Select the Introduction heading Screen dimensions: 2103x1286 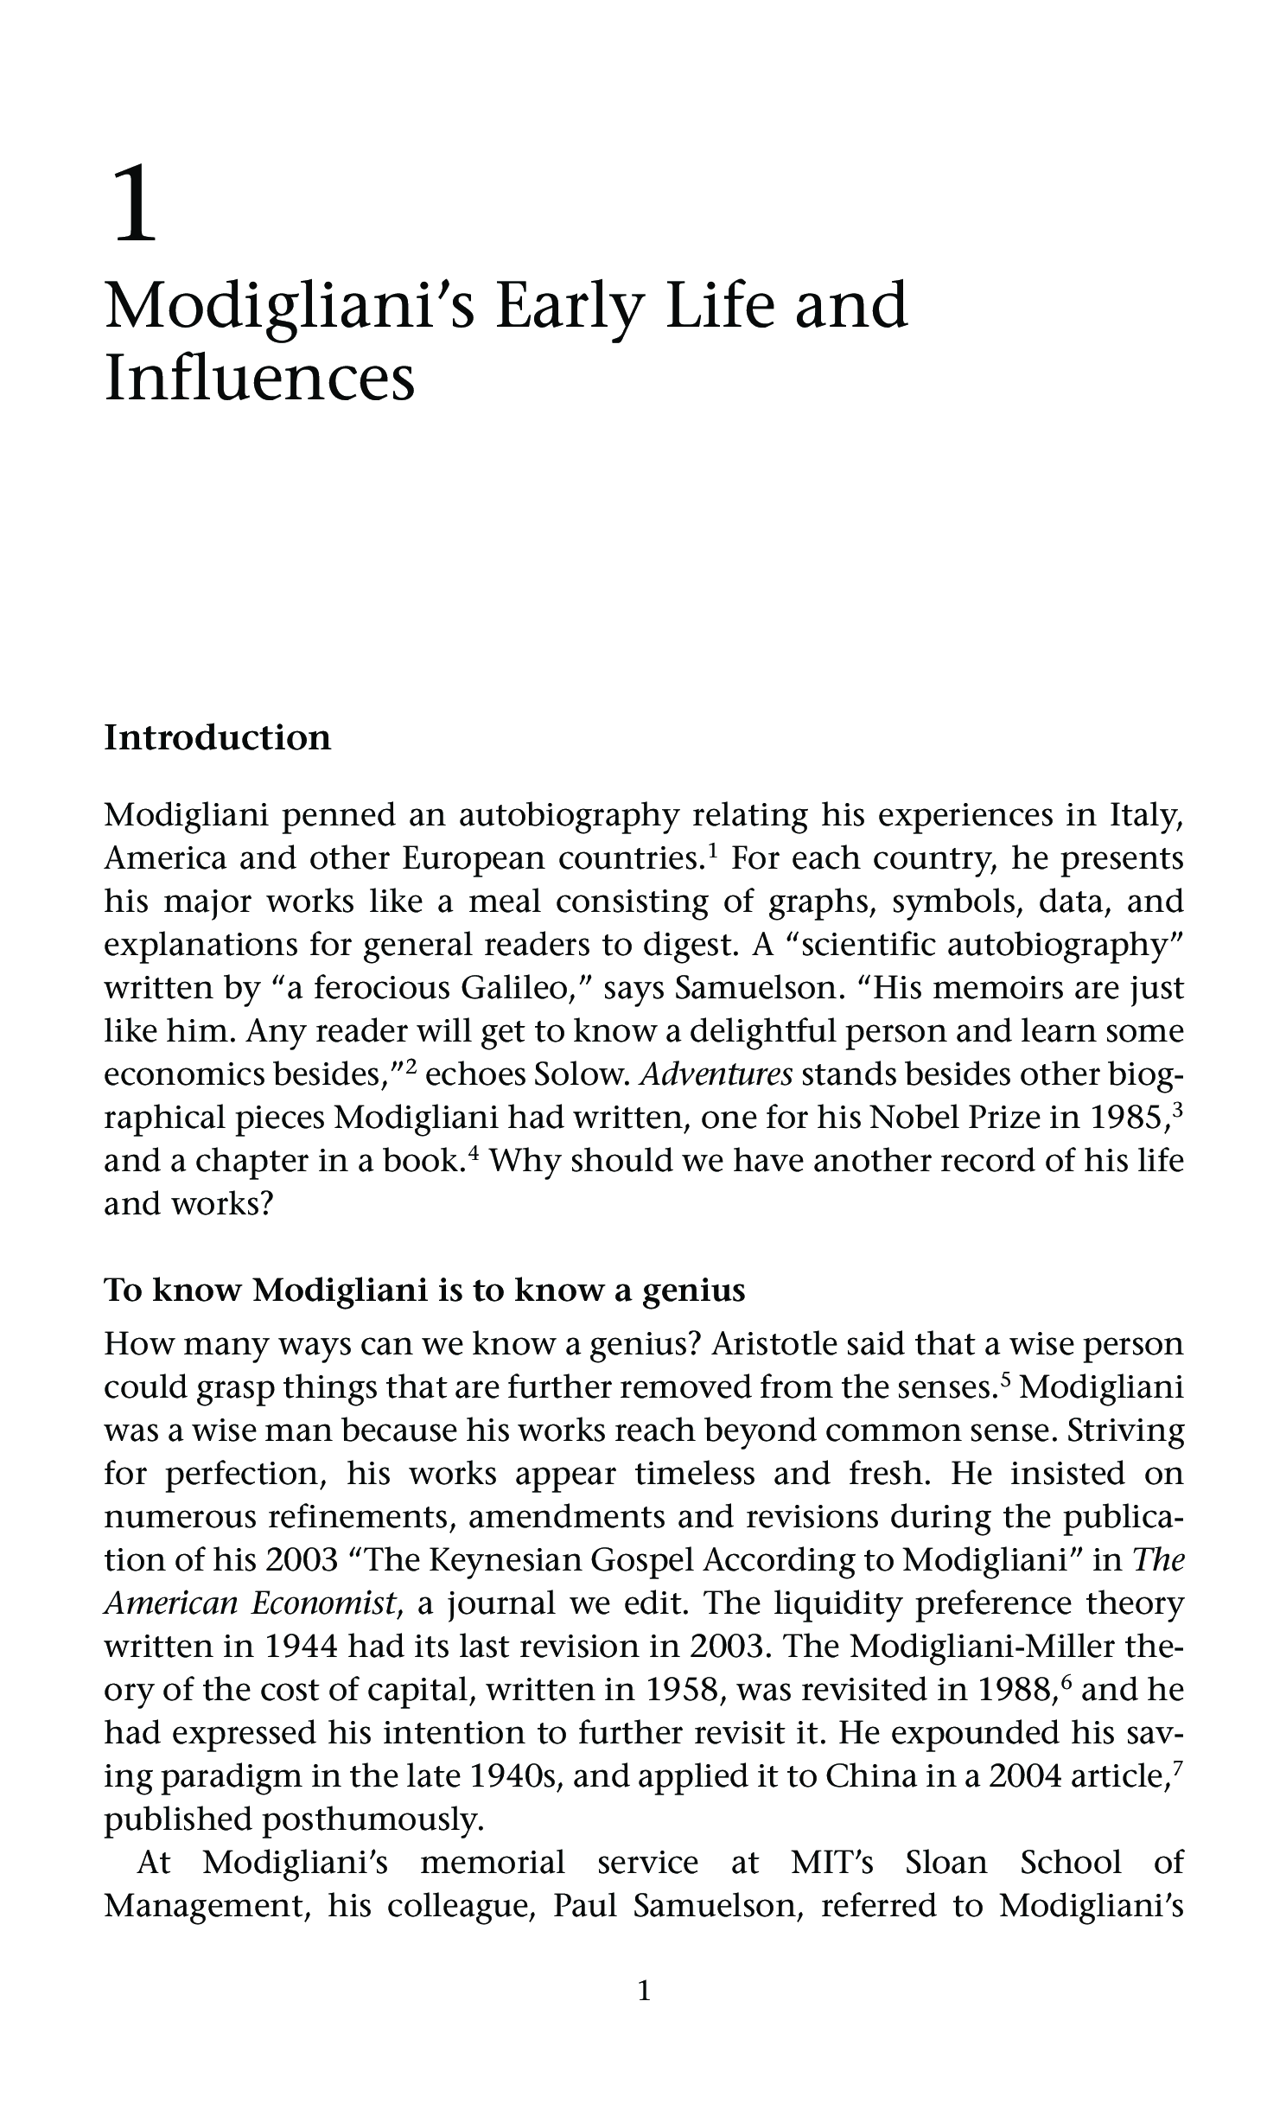click(217, 738)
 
